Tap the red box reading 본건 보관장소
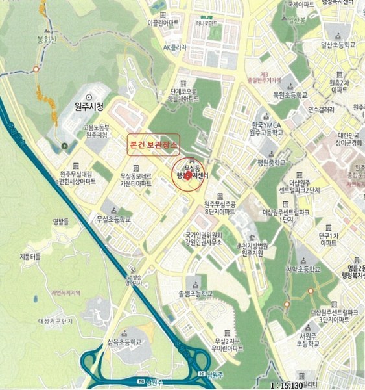point(154,142)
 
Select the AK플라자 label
point(175,47)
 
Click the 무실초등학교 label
point(113,219)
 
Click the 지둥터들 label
point(30,257)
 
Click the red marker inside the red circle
point(187,175)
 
